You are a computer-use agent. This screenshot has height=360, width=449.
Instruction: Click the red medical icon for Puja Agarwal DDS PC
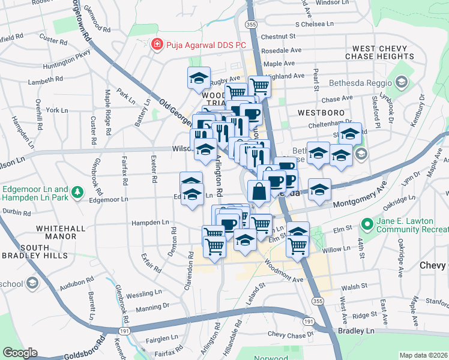(x=157, y=44)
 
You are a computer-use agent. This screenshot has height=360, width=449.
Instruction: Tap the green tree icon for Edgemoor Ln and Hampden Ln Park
(x=77, y=192)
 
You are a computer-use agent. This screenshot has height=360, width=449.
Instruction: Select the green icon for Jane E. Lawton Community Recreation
(x=367, y=224)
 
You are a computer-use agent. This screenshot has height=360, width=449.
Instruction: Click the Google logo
(x=20, y=353)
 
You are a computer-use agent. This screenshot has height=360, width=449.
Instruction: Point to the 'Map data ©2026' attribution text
(x=423, y=355)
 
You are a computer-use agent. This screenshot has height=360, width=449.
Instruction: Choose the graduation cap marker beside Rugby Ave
(x=199, y=78)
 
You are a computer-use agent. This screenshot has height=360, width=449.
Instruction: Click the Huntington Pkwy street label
(x=66, y=61)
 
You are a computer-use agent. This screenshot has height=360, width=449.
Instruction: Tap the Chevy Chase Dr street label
(x=291, y=334)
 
